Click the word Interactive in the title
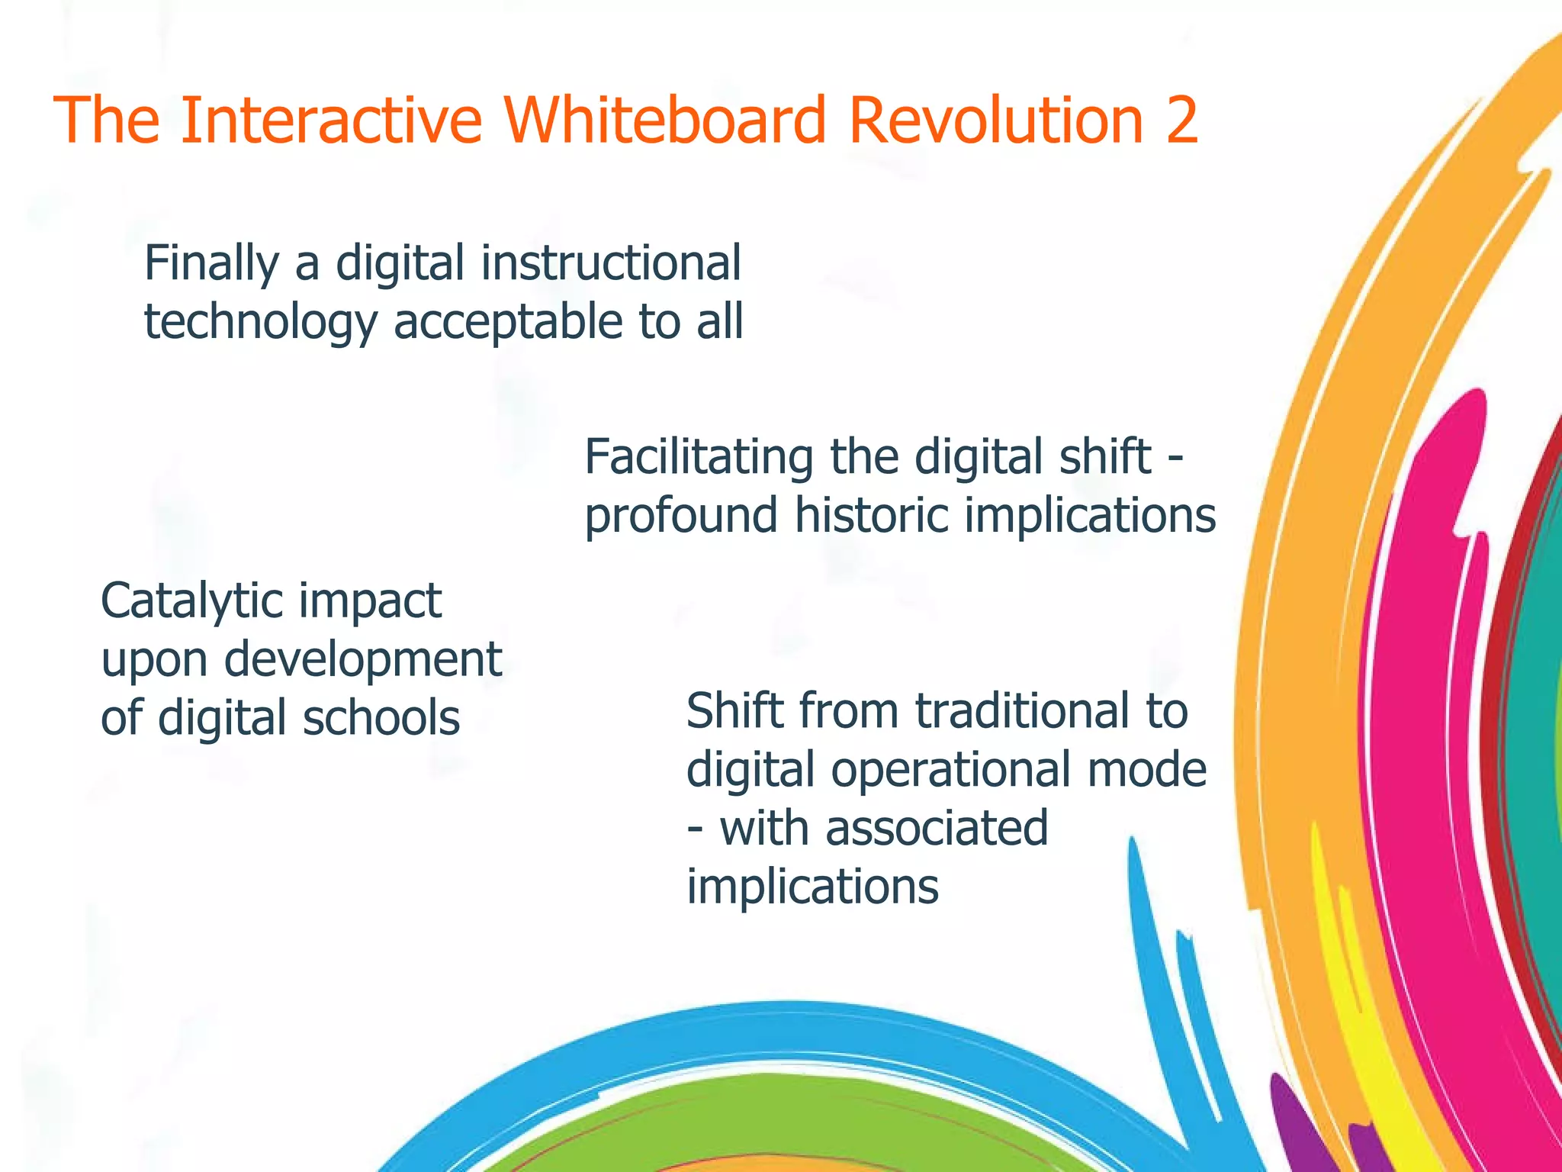332,120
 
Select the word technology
260,323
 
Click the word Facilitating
699,457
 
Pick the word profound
681,517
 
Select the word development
363,660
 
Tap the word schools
381,718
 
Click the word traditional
1020,711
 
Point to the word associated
937,829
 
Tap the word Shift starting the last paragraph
735,711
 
